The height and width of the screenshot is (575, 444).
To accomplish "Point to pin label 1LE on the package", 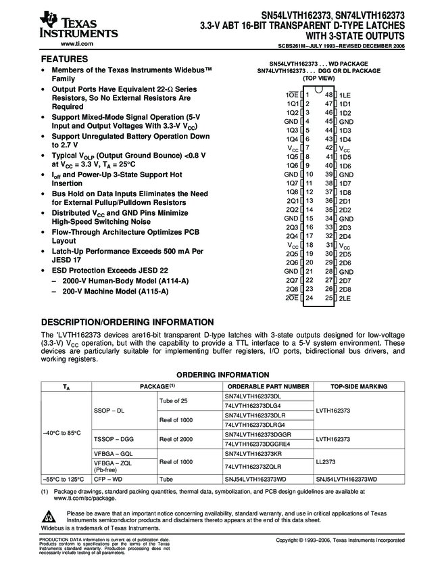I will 345,95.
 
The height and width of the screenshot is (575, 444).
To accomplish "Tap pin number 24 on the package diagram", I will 309,298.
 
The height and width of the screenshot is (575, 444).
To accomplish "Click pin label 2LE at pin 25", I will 345,298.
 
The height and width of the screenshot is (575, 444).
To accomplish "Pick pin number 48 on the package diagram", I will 329,95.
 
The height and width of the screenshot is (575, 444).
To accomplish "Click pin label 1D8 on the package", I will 345,192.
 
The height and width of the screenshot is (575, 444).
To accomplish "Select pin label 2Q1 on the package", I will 292,201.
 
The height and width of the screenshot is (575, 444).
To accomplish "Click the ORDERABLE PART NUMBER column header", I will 267,386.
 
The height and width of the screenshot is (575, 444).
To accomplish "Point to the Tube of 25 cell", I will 174,400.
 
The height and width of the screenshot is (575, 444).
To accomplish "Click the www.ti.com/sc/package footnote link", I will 84,497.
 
